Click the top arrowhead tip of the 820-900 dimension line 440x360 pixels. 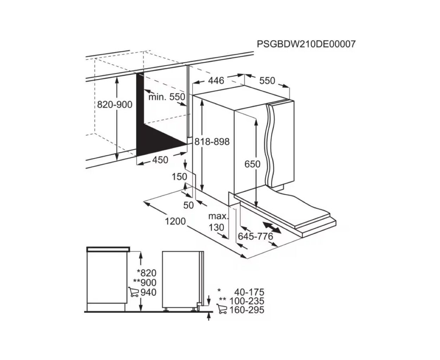click(117, 77)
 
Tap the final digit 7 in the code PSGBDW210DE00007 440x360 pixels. click(352, 44)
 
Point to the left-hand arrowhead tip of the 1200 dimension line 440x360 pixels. click(144, 201)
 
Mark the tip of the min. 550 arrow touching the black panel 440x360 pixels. click(144, 90)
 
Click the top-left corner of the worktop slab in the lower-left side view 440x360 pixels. click(86, 247)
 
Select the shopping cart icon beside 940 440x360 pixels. click(134, 292)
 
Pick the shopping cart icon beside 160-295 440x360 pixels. click(221, 309)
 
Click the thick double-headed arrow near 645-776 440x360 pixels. click(272, 228)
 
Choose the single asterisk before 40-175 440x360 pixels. click(219, 290)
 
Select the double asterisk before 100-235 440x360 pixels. click(222, 300)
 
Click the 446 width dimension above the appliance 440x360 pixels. click(216, 81)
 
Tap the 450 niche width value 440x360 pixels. click(160, 160)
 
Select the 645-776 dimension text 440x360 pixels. click(255, 237)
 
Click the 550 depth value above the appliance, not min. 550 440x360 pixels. click(267, 81)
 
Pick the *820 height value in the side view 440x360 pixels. click(147, 273)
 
